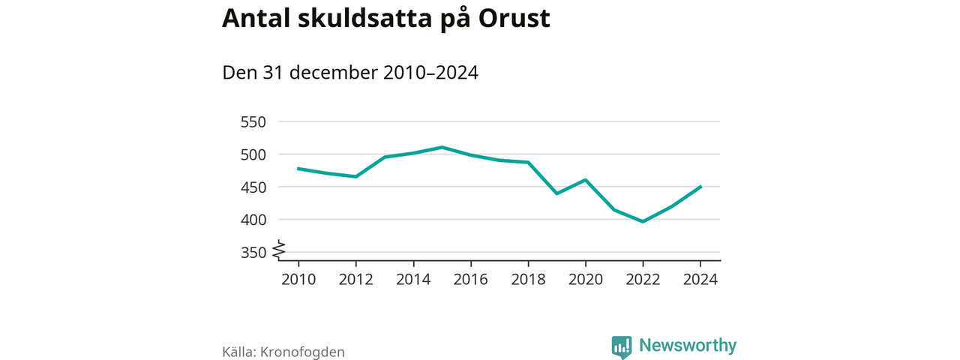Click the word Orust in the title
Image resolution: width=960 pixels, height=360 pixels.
(x=514, y=19)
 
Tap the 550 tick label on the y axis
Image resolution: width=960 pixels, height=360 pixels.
(x=253, y=121)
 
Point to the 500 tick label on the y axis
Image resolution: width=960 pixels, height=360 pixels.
(x=253, y=154)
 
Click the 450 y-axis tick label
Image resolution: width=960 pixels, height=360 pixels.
(x=253, y=187)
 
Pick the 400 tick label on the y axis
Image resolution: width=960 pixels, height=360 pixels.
(x=253, y=220)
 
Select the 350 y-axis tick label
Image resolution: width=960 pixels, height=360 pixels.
(x=253, y=253)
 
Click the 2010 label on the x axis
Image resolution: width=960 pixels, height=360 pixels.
(x=298, y=279)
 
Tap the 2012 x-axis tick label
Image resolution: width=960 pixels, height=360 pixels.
(x=356, y=279)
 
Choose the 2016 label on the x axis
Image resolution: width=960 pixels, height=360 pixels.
(x=471, y=279)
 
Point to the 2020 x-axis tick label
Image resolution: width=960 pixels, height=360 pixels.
(x=586, y=279)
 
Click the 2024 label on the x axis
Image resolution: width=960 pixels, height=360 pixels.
(x=700, y=279)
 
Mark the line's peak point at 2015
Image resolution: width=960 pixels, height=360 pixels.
(x=442, y=147)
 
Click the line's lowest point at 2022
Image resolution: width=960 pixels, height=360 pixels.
(x=643, y=221)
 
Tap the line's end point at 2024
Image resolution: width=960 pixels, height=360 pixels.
(x=700, y=187)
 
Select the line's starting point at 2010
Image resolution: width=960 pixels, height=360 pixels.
(x=298, y=169)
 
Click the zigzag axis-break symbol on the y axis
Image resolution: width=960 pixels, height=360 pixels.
(x=279, y=249)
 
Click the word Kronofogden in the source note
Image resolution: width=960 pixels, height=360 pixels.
(x=302, y=352)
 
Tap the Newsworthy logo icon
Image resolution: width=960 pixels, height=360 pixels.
(x=621, y=346)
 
